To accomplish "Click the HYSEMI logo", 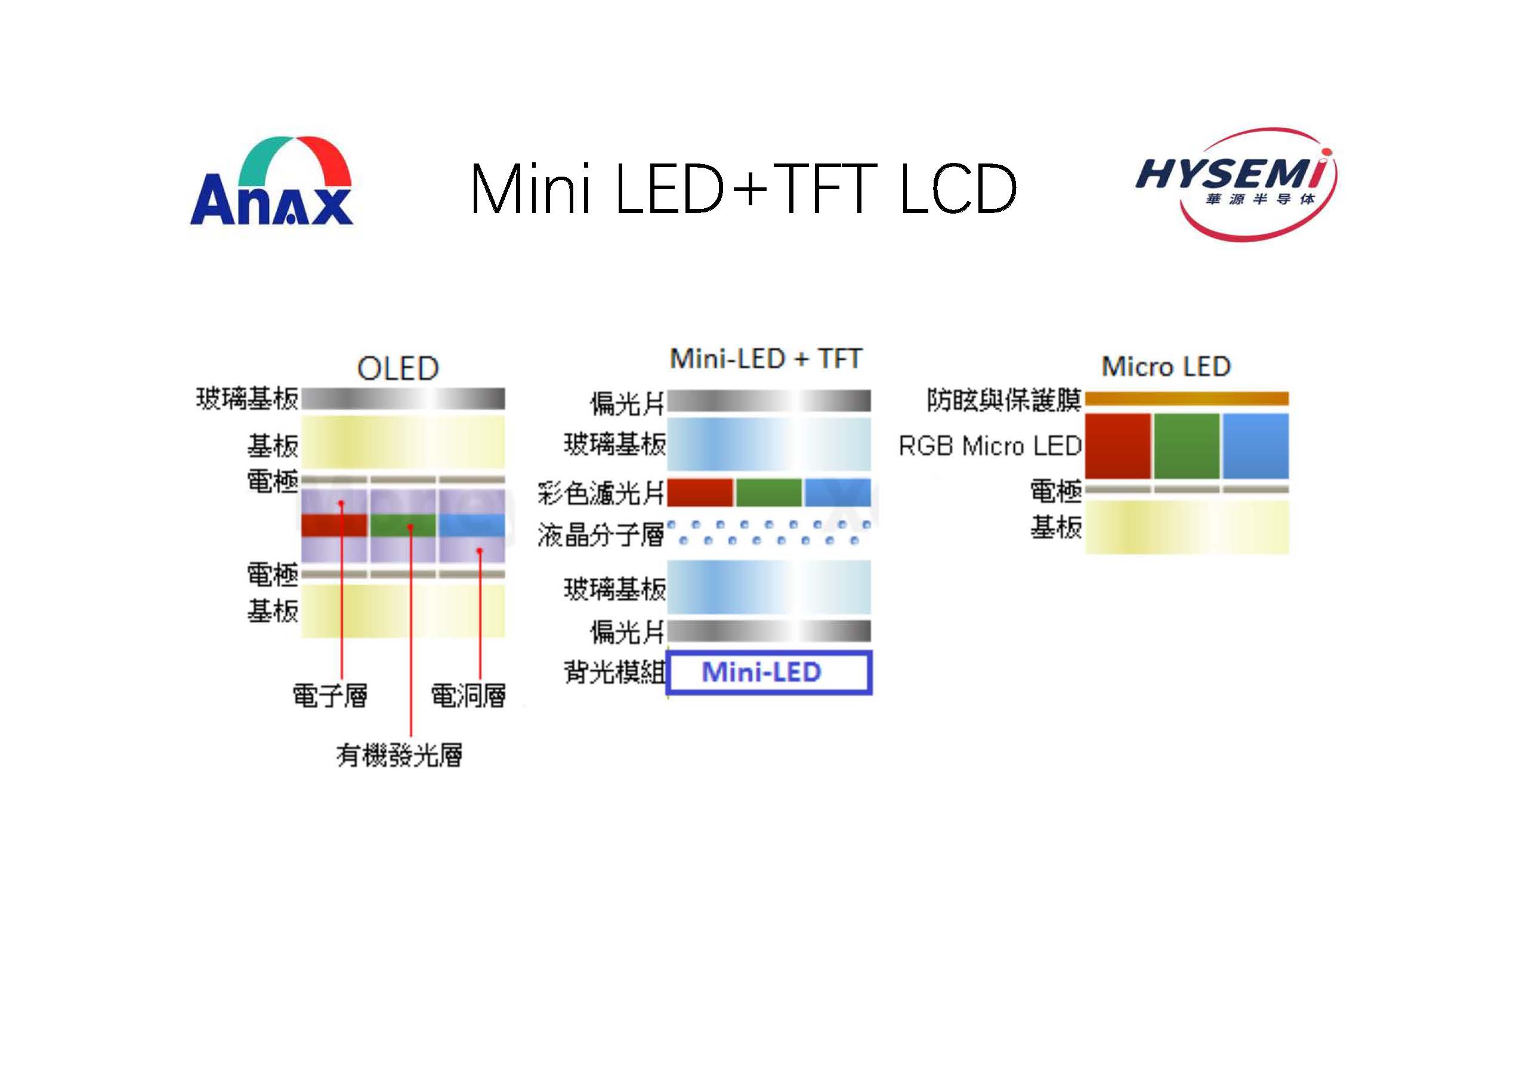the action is [1237, 183].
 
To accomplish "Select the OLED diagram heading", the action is [398, 369].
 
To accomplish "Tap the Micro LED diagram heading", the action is [1166, 366].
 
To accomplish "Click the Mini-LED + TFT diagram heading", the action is [765, 359].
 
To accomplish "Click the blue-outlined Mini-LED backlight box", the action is [769, 672].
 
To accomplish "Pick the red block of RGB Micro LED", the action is [1118, 446].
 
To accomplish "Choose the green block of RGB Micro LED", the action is [1187, 446].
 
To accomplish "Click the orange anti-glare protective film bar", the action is [1187, 399].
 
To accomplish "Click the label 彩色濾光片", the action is [601, 493].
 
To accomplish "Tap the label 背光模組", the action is [614, 672].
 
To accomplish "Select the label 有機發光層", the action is [399, 755].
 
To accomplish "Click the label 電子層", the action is [331, 696].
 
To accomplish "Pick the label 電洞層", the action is [468, 696].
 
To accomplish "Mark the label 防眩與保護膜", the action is [1004, 400].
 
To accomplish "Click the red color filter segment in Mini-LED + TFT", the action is [700, 493].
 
